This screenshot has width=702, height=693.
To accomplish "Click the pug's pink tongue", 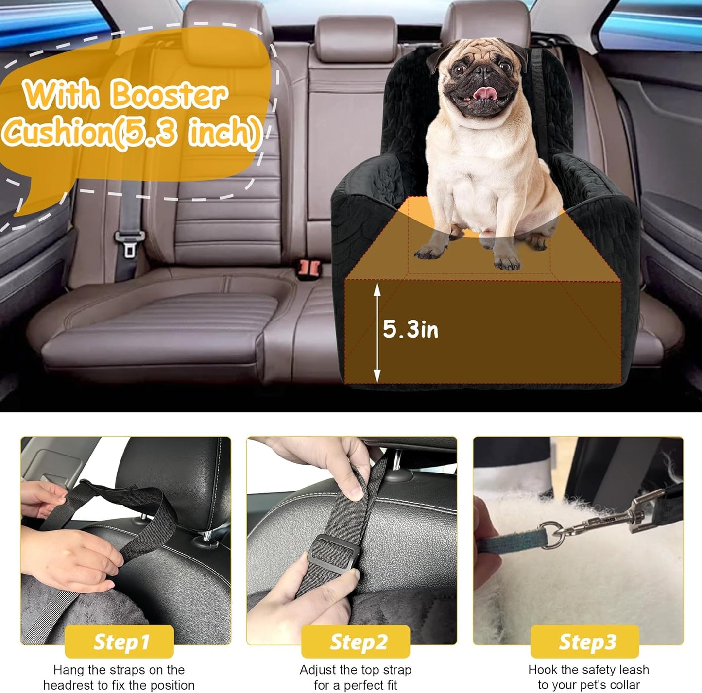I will point(483,92).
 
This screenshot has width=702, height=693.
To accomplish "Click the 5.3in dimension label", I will point(411,330).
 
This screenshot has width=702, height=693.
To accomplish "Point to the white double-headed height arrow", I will point(377,333).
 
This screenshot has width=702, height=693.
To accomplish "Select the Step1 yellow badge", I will point(120,642).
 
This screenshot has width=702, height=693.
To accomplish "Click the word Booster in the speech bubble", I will point(168,95).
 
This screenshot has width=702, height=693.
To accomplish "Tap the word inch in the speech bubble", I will point(224,132).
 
